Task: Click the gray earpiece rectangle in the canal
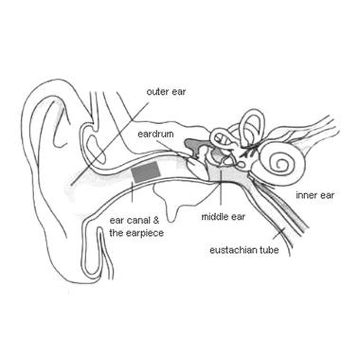(145, 172)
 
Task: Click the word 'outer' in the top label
(155, 92)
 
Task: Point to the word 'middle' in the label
(214, 216)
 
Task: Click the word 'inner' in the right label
(306, 197)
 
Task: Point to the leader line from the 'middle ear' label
(221, 189)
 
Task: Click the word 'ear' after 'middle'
(237, 216)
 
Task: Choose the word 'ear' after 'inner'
(326, 197)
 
